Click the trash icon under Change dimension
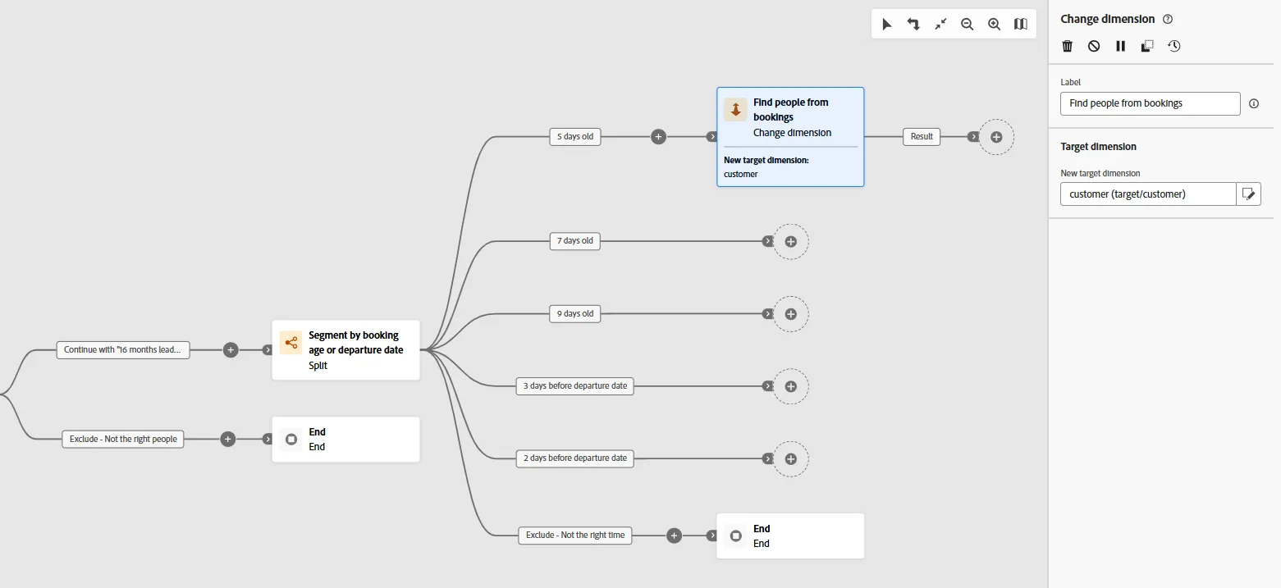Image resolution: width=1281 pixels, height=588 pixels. coord(1067,46)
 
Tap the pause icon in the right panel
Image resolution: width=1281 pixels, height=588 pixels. coord(1120,46)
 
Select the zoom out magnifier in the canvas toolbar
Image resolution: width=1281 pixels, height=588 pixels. coord(967,24)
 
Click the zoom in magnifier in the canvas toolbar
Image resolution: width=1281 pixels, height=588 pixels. coord(994,24)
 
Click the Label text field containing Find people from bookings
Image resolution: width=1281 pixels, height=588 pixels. coord(1150,103)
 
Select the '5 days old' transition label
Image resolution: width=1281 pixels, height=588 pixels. coord(575,137)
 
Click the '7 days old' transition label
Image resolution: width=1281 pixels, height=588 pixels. coord(574,240)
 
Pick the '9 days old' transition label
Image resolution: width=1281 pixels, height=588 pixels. coord(575,314)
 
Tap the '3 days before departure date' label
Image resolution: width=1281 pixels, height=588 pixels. coord(574,385)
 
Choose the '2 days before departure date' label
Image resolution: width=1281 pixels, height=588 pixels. coord(574,458)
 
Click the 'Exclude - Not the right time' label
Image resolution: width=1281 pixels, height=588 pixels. coord(575,536)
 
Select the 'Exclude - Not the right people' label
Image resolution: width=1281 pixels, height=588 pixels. coord(123,439)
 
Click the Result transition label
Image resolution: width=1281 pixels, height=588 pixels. coord(922,137)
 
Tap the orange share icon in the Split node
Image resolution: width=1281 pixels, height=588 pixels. coord(291,343)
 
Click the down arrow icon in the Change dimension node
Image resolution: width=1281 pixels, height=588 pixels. coord(735,109)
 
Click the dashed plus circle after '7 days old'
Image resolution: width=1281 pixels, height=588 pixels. coord(791,242)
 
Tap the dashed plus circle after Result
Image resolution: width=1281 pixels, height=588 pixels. coord(996,137)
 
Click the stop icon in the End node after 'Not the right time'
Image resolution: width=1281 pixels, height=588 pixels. coord(736,536)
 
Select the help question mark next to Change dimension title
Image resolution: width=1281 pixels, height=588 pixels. coord(1168,19)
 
